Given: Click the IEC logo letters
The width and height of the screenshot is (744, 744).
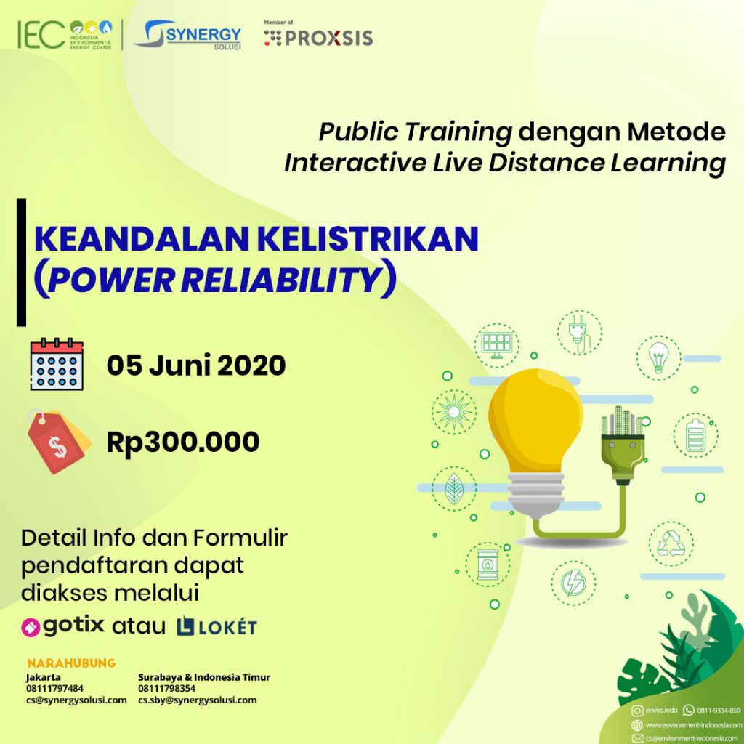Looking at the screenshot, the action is click(41, 35).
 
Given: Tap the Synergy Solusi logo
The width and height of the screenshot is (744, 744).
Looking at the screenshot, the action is click(188, 35).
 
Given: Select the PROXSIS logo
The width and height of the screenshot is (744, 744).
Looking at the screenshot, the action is click(318, 35).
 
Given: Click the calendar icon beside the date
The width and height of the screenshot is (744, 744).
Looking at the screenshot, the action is click(57, 365).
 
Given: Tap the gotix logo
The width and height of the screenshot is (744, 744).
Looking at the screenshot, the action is click(63, 626).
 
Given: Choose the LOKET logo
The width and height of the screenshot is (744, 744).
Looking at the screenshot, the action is click(217, 626).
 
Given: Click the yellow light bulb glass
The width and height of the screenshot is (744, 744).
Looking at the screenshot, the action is click(535, 421).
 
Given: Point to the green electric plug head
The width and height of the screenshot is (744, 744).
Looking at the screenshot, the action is click(623, 445).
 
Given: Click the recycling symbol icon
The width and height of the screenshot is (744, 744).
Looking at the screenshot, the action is click(671, 543).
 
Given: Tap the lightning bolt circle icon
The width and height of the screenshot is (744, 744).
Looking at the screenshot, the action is click(573, 583).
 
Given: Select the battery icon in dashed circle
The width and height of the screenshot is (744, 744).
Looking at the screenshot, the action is click(695, 435).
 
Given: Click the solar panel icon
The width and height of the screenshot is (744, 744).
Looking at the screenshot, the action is click(496, 345).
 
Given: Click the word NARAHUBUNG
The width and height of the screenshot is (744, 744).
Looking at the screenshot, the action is click(72, 663).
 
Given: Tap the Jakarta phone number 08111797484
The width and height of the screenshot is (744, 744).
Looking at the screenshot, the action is click(54, 688).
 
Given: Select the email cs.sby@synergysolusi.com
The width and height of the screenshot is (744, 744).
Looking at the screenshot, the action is click(198, 700).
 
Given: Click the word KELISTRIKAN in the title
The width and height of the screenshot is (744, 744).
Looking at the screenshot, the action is click(369, 239).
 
